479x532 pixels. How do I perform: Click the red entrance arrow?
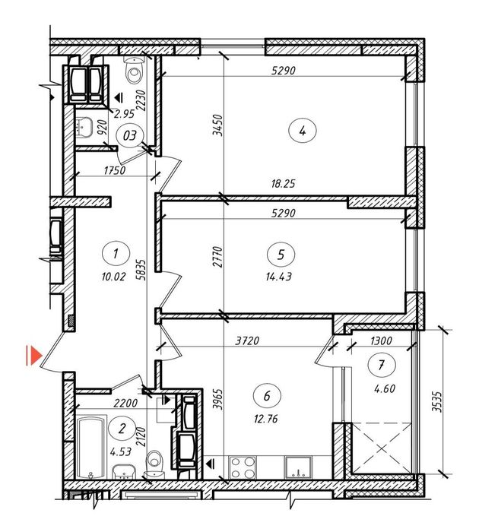[x=34, y=356]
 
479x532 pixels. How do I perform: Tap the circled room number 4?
[x=302, y=131]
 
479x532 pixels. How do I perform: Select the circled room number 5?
[x=281, y=255]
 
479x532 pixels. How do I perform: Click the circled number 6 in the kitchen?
[x=267, y=396]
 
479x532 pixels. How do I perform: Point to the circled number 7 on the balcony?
[x=382, y=365]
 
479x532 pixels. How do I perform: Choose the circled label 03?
[x=129, y=136]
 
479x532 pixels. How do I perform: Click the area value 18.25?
[x=283, y=184]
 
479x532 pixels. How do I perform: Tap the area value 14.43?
[x=279, y=277]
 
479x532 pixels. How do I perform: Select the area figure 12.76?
[x=266, y=419]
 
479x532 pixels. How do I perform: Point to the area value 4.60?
[x=385, y=388]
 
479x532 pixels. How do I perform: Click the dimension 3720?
[x=247, y=340]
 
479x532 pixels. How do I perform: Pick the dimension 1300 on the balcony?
[x=381, y=340]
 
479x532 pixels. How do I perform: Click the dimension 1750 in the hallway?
[x=115, y=170]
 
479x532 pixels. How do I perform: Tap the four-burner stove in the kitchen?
[x=243, y=467]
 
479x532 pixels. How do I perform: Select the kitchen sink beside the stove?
[x=298, y=467]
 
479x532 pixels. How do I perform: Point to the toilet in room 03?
[x=135, y=71]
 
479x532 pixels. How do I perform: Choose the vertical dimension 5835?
[x=142, y=270]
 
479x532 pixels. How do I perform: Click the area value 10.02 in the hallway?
[x=113, y=277]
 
